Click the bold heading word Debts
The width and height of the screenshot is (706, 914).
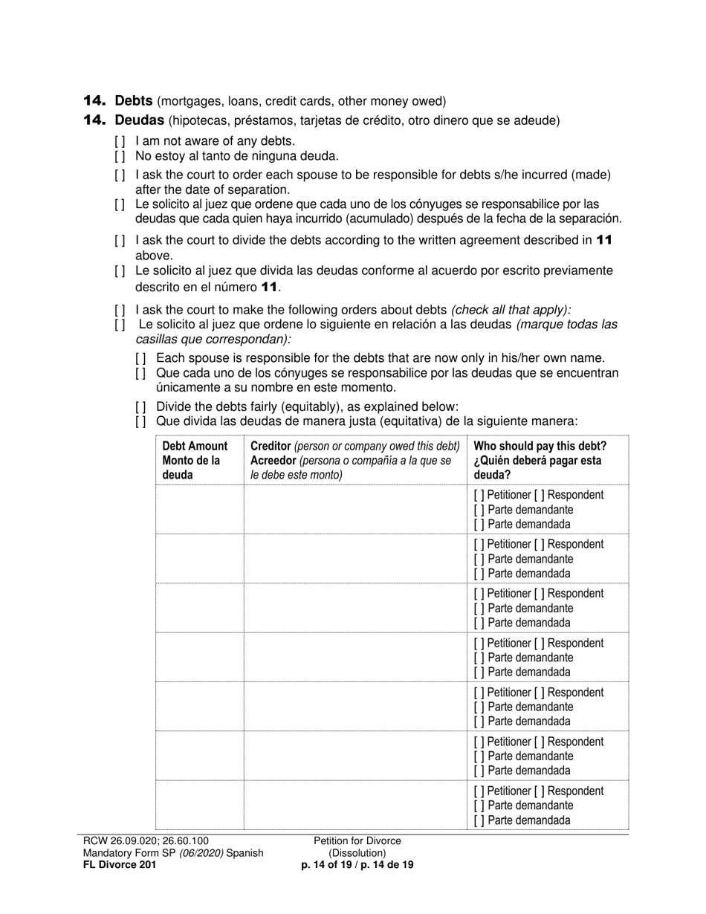[134, 100]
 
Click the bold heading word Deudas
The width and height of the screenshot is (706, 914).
[139, 120]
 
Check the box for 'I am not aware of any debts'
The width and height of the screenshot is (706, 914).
[120, 141]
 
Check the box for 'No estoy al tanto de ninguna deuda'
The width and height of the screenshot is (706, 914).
[120, 156]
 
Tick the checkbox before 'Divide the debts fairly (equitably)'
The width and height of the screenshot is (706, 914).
[140, 407]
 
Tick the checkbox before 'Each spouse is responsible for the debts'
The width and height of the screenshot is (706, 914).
[140, 358]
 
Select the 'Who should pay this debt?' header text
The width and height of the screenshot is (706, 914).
[540, 446]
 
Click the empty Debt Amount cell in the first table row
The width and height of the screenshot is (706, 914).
[199, 509]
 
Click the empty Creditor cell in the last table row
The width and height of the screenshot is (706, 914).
[354, 805]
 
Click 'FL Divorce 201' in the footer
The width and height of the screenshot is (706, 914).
[120, 865]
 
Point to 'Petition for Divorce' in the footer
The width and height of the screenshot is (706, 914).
[357, 841]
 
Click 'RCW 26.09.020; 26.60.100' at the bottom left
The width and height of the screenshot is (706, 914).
[146, 841]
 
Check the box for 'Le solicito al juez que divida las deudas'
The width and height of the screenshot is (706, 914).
[120, 271]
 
